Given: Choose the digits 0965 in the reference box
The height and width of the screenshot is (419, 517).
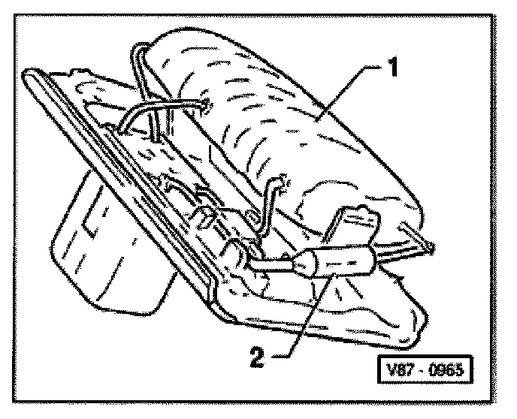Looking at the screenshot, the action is click(446, 371).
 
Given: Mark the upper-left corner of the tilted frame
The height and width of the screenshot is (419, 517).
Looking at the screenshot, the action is click(34, 74).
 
